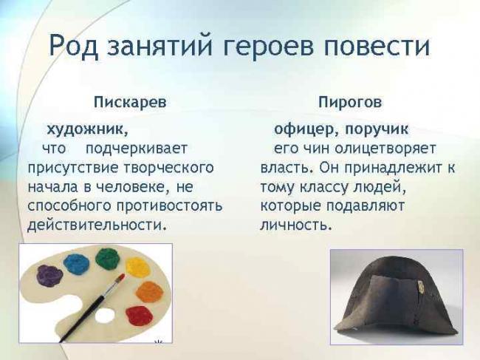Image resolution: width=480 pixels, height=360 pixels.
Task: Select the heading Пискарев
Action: pyautogui.click(x=129, y=101)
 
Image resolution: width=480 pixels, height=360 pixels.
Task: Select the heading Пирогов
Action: pyautogui.click(x=350, y=101)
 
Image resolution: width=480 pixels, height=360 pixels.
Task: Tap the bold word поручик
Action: pyautogui.click(x=377, y=129)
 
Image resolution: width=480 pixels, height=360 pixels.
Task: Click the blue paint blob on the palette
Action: pyautogui.click(x=76, y=262)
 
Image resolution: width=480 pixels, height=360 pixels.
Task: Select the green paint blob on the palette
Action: pyautogui.click(x=108, y=258)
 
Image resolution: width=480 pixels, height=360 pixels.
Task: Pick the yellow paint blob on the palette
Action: pyautogui.click(x=137, y=267)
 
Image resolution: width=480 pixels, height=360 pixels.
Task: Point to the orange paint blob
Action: pyautogui.click(x=149, y=291)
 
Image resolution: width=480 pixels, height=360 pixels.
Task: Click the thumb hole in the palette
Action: pyautogui.click(x=105, y=316)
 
